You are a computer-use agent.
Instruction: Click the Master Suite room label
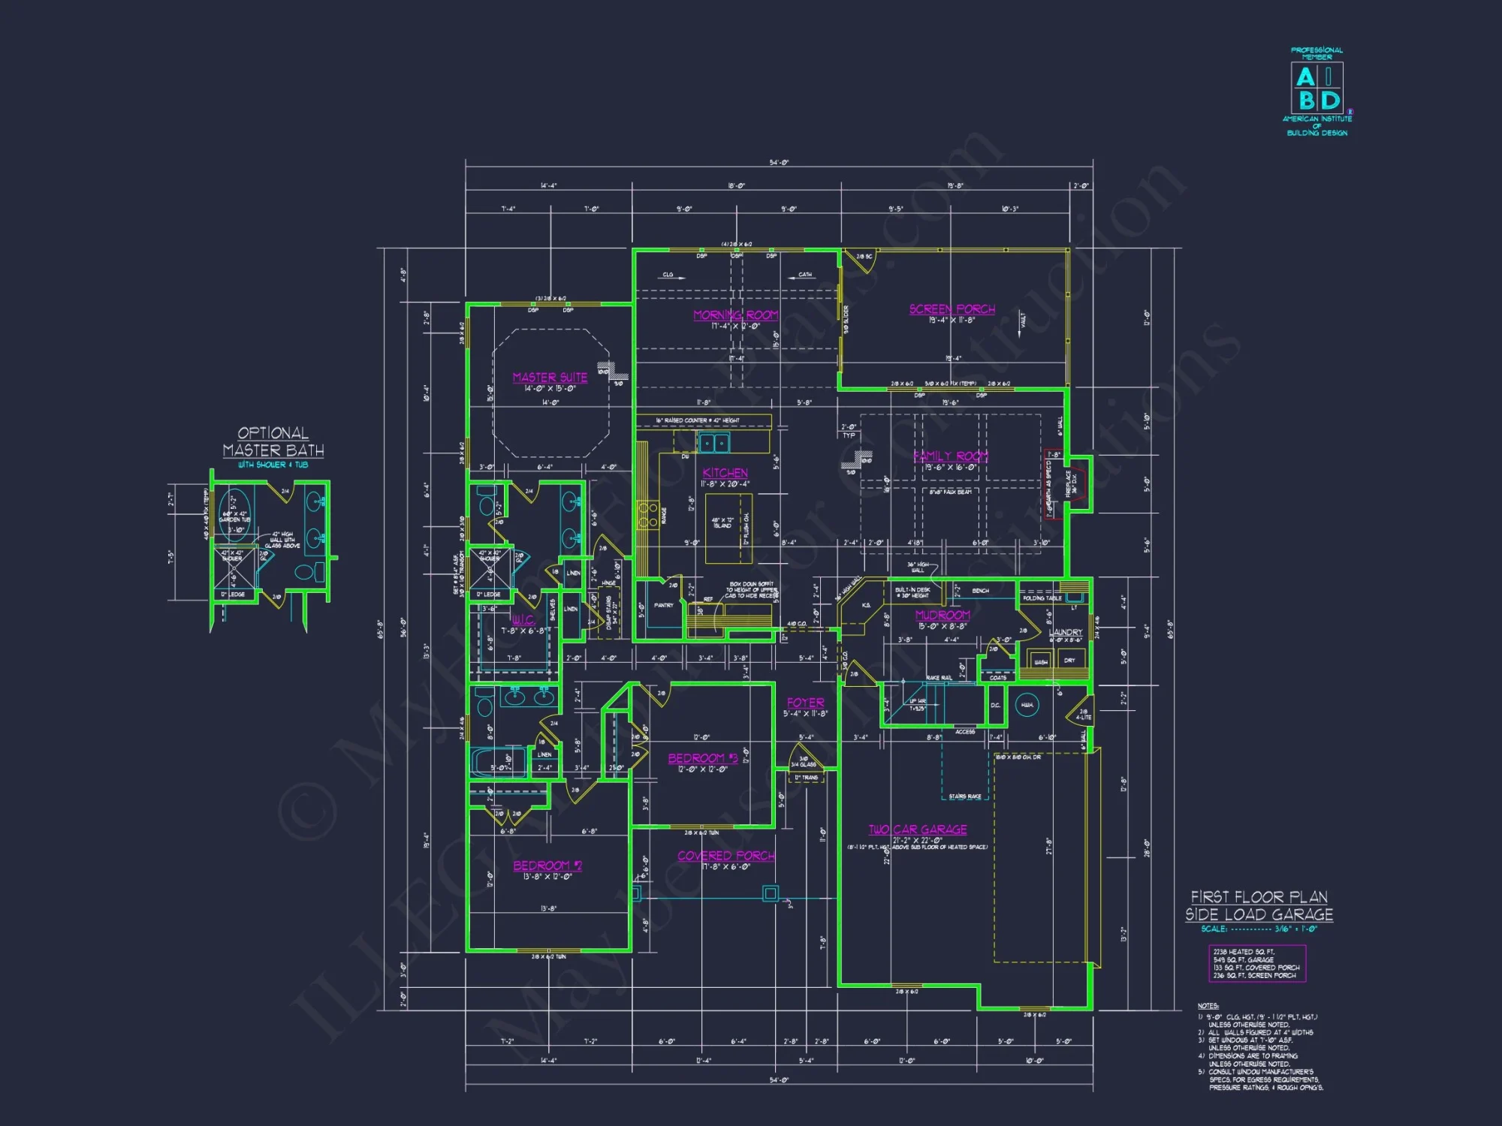pos(550,378)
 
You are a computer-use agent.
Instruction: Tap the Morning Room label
pos(735,315)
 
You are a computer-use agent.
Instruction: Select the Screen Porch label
pos(952,309)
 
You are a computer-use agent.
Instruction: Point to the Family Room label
pos(951,456)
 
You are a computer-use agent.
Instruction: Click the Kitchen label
pos(725,473)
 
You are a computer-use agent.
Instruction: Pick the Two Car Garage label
pos(918,829)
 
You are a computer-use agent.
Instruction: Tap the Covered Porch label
pos(725,856)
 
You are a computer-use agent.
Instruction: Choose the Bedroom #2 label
pos(547,866)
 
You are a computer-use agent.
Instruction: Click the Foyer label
pos(805,703)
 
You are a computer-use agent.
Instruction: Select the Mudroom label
pos(943,616)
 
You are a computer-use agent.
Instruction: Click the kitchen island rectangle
pos(728,528)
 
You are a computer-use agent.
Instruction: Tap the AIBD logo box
pos(1317,87)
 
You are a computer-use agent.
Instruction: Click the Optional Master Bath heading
pos(273,442)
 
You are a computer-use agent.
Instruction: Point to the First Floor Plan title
pos(1259,905)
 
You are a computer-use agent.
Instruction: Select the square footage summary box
pos(1256,963)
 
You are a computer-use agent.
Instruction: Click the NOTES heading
pos(1208,1006)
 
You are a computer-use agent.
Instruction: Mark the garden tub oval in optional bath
pos(234,515)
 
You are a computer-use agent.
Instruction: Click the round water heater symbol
pos(1027,706)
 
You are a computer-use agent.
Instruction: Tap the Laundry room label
pos(1066,632)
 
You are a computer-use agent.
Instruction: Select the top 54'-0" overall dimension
pos(779,163)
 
